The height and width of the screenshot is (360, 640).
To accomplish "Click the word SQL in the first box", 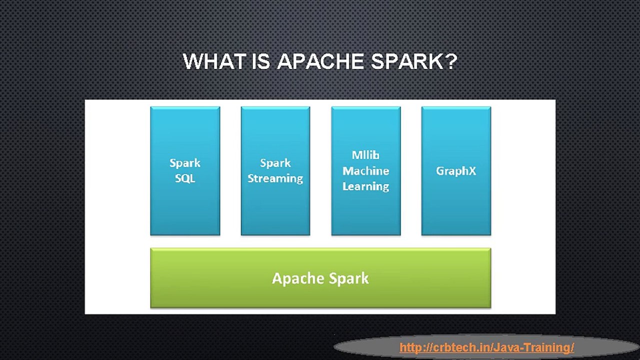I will [x=185, y=178].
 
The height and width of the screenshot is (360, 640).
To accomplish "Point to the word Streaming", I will [x=275, y=178].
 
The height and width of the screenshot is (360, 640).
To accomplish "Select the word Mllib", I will [x=365, y=155].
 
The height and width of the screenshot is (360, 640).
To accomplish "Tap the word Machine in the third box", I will [x=365, y=170].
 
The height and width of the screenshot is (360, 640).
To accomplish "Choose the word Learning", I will [x=365, y=186].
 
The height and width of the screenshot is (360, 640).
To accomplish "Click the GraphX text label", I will [x=456, y=170].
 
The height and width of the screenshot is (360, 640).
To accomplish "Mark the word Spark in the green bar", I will [x=349, y=278].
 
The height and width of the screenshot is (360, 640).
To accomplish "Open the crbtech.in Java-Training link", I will [x=486, y=347].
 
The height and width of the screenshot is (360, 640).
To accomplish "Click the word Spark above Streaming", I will [x=275, y=163].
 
